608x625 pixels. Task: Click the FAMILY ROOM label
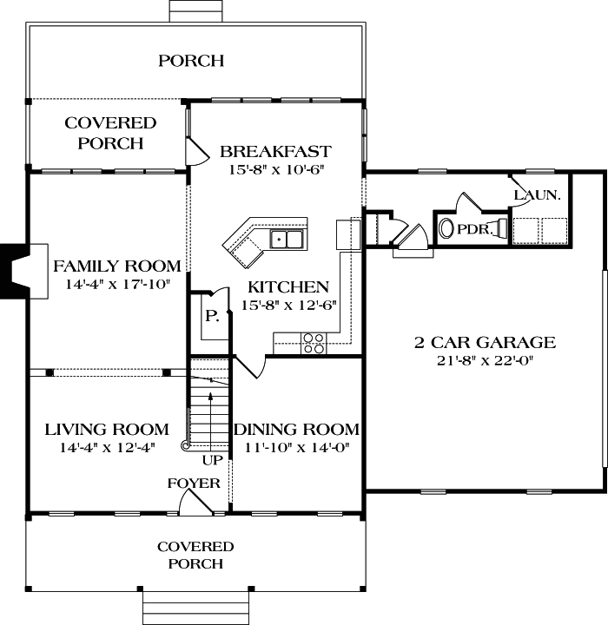tap(117, 266)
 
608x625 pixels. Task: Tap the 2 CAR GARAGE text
tap(484, 342)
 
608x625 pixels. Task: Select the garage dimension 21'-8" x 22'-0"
tap(484, 359)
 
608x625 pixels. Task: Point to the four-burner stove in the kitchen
tap(314, 344)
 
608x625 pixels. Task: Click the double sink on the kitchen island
tap(286, 239)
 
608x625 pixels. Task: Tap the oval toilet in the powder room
tap(446, 230)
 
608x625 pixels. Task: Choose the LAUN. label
tap(537, 195)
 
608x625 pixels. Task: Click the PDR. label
tap(476, 231)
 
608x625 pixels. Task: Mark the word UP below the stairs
tap(213, 459)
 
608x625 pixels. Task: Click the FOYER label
tap(193, 484)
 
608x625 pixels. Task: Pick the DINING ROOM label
tap(296, 430)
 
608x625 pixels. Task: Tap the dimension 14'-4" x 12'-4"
tap(106, 447)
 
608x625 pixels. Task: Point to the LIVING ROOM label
tap(106, 430)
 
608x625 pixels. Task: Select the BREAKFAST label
tap(274, 151)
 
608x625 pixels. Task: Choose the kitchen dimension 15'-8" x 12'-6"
tap(288, 304)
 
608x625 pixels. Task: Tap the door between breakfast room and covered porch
tap(197, 152)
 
